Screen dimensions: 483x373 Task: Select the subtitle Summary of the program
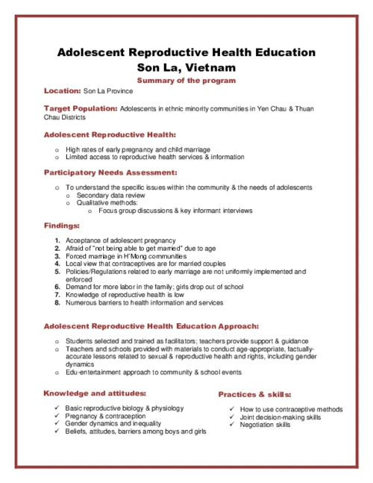point(186,81)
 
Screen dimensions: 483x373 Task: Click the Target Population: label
point(80,109)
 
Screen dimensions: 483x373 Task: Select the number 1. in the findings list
point(57,240)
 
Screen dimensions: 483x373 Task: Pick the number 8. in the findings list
point(57,303)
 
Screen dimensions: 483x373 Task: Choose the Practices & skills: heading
point(254,394)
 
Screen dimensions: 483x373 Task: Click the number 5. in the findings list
point(57,272)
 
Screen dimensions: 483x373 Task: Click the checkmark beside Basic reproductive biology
point(57,408)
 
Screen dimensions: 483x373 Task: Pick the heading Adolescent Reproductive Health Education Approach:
point(151,326)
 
